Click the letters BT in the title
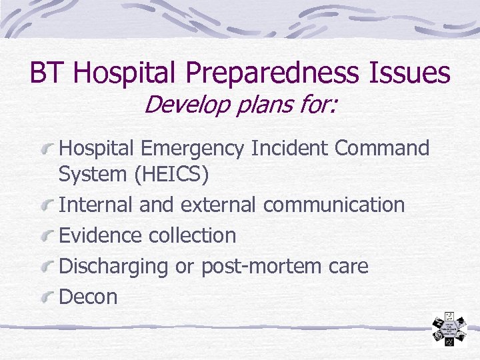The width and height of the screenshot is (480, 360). (x=45, y=73)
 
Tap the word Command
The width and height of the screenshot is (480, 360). (x=383, y=148)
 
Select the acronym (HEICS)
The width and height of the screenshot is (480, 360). (x=171, y=175)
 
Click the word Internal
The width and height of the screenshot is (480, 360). (x=97, y=205)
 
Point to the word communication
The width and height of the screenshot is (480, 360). (x=333, y=205)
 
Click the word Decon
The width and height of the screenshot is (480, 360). (x=88, y=297)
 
